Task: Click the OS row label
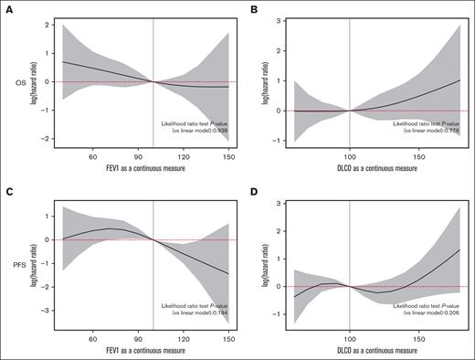point(12,81)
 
